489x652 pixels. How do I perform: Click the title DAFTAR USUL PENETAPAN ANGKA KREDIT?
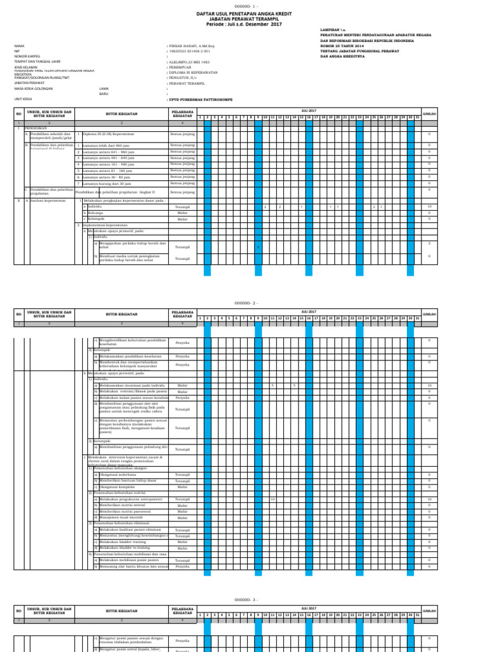pos(244,13)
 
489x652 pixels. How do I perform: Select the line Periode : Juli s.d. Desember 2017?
pos(244,24)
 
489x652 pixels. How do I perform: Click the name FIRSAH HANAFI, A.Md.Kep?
pos(190,46)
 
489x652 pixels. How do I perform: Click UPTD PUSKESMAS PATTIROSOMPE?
pos(199,99)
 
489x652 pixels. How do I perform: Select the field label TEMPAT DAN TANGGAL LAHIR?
pos(34,61)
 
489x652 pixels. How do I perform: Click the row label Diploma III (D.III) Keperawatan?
pos(108,134)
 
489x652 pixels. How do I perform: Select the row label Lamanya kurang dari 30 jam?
pos(108,183)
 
